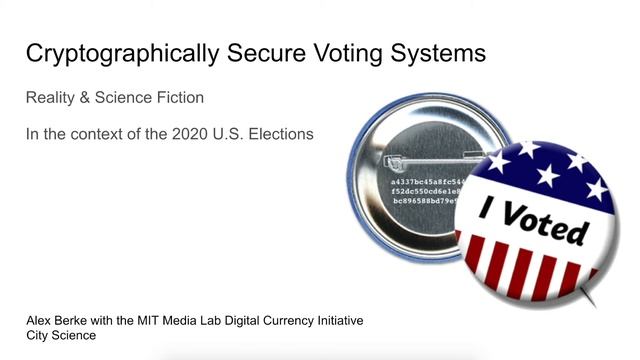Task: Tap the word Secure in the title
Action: pos(246,52)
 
